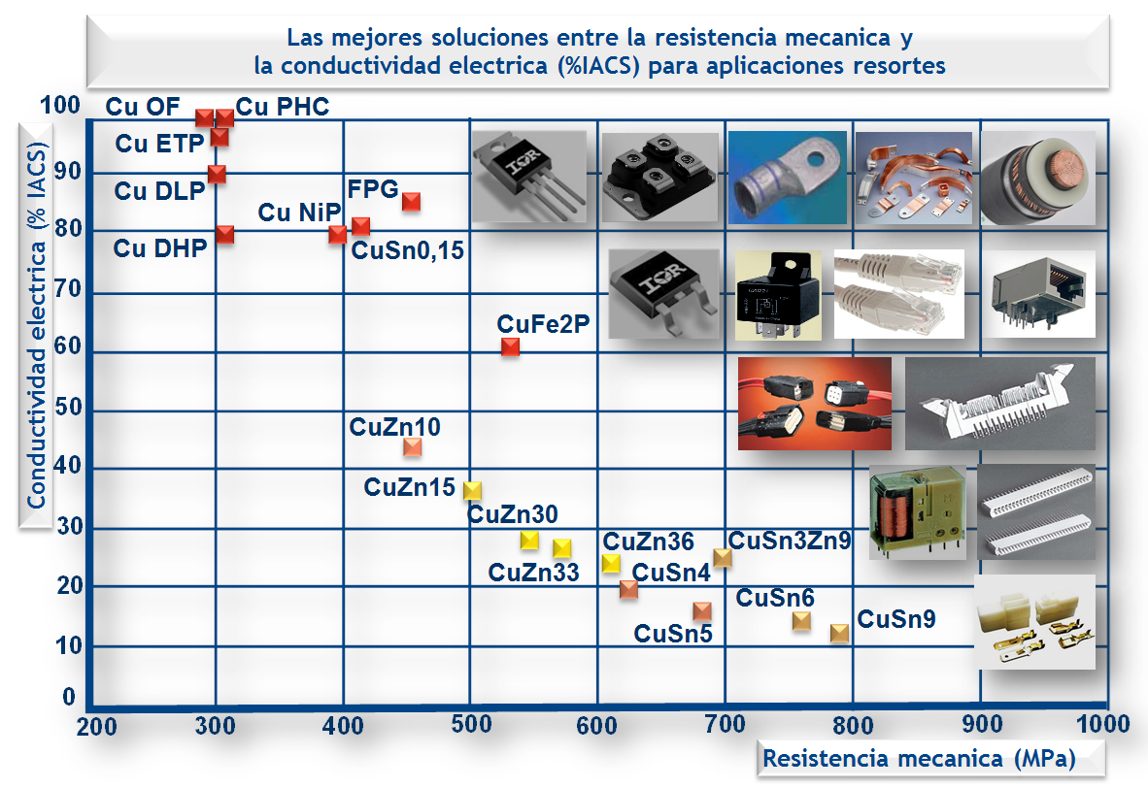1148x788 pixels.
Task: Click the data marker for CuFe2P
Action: [510, 346]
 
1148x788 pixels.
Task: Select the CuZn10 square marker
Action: [412, 446]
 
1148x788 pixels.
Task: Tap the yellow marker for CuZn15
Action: [472, 491]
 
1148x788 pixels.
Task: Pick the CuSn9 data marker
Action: [839, 633]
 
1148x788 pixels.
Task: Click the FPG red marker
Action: [411, 202]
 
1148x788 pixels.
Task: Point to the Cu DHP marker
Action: [224, 234]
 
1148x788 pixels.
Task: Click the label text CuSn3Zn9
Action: [790, 541]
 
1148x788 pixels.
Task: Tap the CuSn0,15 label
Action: [407, 251]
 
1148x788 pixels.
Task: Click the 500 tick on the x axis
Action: [470, 725]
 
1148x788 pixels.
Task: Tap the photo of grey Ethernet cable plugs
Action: [898, 293]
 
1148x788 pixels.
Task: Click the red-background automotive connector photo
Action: [814, 403]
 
